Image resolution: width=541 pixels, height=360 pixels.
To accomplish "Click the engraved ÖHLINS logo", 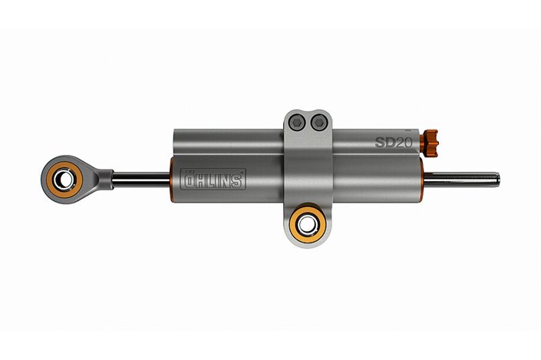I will coord(213,180).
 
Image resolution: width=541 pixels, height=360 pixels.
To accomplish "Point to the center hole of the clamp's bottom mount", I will coord(308,224).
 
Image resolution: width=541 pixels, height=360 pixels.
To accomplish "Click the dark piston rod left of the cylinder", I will coord(142,179).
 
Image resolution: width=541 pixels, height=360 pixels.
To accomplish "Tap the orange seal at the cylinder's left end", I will coord(172,180).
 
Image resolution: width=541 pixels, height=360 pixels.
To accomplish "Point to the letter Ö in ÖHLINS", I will coord(188,180).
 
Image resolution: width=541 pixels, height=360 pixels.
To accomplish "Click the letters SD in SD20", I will coord(383,142).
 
